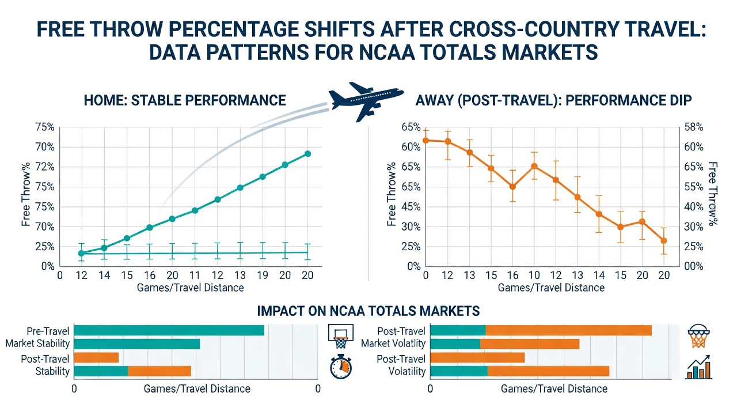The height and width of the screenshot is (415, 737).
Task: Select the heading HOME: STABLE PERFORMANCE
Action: (x=185, y=100)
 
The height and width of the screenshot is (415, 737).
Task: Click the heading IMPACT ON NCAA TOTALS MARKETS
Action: (x=368, y=311)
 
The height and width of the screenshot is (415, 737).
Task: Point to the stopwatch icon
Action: (x=341, y=367)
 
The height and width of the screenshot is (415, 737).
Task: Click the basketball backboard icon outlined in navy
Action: (x=341, y=335)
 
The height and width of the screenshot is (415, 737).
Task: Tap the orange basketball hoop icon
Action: (x=698, y=335)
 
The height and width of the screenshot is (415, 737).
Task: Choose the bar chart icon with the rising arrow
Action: (x=698, y=367)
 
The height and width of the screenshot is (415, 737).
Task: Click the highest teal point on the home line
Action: (x=307, y=154)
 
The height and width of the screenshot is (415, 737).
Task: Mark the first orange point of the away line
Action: (x=426, y=140)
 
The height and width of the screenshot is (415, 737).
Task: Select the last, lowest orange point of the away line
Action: (x=664, y=241)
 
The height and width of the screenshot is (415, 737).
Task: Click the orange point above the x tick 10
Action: (x=534, y=167)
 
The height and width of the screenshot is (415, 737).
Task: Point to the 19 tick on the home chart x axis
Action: (x=262, y=275)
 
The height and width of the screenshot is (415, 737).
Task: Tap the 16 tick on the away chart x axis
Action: (x=512, y=275)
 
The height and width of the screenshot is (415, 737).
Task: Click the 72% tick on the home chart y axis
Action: (x=45, y=167)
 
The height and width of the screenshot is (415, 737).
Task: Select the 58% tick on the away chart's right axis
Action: (x=694, y=127)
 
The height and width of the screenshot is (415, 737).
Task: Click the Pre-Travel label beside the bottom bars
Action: (x=48, y=331)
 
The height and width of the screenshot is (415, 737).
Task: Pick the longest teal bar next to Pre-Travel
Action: (x=169, y=330)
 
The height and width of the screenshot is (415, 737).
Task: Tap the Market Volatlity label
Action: (x=393, y=344)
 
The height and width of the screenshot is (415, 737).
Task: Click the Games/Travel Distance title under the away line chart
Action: (x=551, y=288)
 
